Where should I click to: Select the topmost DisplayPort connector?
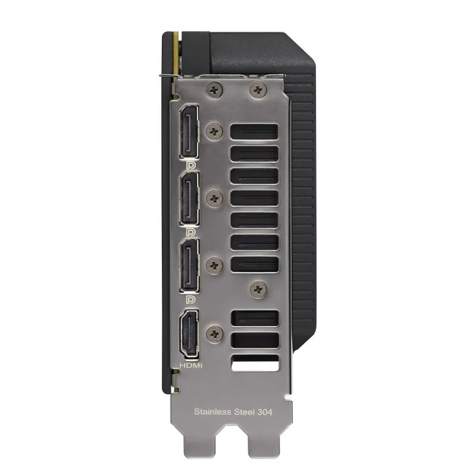point(191,131)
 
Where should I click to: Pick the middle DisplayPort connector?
point(191,198)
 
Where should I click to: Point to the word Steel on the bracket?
point(253,412)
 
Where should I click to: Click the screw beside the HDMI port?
point(212,333)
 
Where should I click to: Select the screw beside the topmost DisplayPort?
point(212,129)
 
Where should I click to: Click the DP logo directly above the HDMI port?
point(191,301)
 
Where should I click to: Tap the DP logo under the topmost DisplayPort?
point(191,164)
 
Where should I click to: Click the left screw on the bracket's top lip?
point(211,91)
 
